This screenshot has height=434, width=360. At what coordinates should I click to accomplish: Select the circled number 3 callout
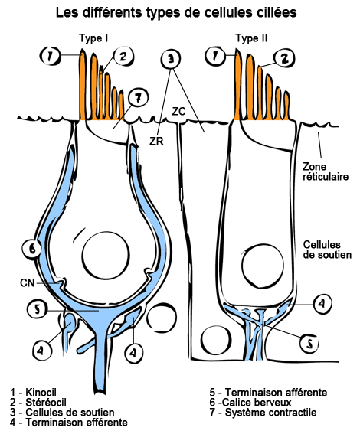pyautogui.click(x=171, y=59)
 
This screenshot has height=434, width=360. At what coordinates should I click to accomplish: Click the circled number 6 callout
pyautogui.click(x=31, y=249)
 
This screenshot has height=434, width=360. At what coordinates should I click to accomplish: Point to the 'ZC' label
pyautogui.click(x=178, y=112)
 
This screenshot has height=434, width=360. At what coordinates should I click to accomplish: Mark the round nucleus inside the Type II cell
pyautogui.click(x=263, y=258)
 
